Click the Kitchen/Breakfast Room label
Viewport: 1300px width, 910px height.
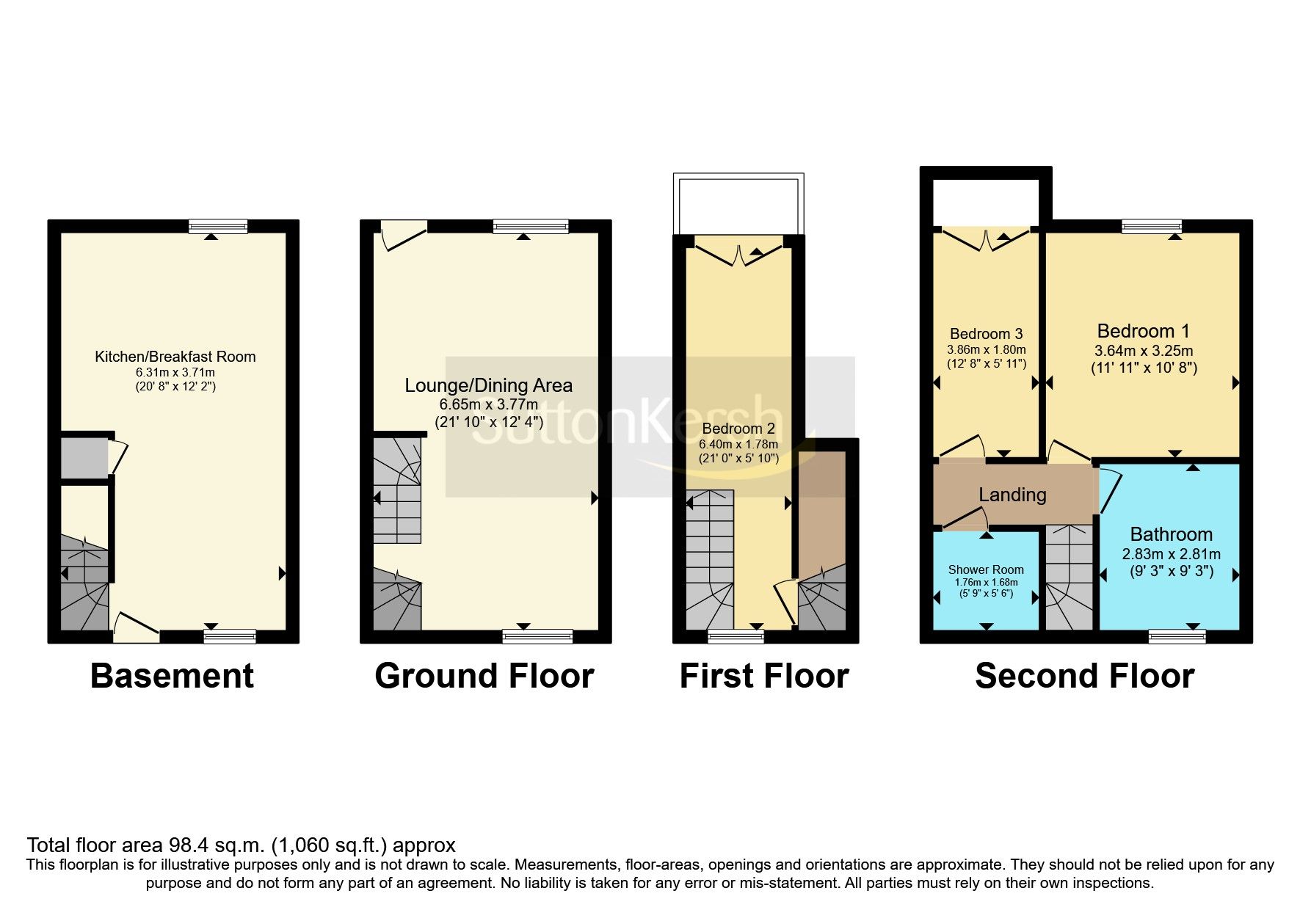coord(175,357)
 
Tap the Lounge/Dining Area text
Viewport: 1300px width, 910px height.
coord(488,385)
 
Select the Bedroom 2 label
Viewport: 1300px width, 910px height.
coord(738,428)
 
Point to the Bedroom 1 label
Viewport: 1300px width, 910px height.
coord(1143,331)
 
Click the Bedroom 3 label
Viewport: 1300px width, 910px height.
coord(986,334)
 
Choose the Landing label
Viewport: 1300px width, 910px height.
coord(1012,495)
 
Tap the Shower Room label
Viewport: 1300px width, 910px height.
coord(985,569)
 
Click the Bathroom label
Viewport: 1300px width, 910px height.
coord(1171,534)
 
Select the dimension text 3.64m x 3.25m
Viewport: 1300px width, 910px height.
coord(1143,351)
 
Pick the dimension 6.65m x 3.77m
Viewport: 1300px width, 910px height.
coord(488,404)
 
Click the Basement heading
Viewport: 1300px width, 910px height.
coord(172,675)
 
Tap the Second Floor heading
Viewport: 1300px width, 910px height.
coord(1084,675)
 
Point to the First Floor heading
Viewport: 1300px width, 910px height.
coord(763,675)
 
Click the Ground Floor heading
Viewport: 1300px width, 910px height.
coord(484,675)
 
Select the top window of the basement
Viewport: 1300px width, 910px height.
coord(218,227)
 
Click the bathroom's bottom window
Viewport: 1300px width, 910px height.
coord(1177,636)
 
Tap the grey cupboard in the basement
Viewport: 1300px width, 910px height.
coord(84,457)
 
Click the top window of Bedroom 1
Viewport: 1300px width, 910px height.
coord(1151,227)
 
